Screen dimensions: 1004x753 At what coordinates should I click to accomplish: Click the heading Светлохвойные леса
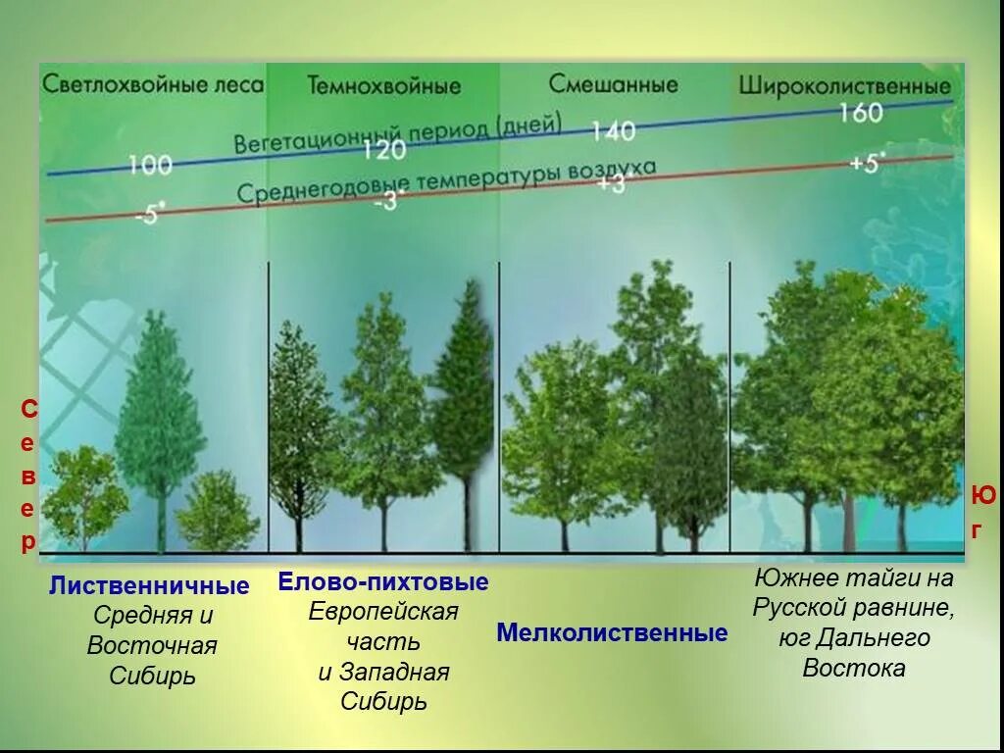(x=152, y=84)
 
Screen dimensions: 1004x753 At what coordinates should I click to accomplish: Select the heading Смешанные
(x=613, y=84)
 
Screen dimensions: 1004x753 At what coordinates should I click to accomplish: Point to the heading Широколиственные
(x=844, y=85)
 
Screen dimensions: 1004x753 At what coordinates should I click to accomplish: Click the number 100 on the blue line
(x=150, y=164)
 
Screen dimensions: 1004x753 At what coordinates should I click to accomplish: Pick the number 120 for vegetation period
(x=383, y=149)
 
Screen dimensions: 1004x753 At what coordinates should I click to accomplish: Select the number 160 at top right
(x=861, y=113)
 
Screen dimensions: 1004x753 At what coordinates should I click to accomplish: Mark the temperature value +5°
(x=866, y=162)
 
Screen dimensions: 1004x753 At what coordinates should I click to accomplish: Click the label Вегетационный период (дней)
(x=397, y=134)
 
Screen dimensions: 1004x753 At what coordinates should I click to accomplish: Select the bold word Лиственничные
(x=149, y=586)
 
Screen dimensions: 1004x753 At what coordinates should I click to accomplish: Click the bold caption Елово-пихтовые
(x=383, y=582)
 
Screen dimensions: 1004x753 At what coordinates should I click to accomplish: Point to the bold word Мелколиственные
(x=612, y=632)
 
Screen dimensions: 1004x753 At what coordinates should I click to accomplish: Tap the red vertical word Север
(x=29, y=475)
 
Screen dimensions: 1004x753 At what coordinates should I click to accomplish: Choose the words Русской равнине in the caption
(x=854, y=608)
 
